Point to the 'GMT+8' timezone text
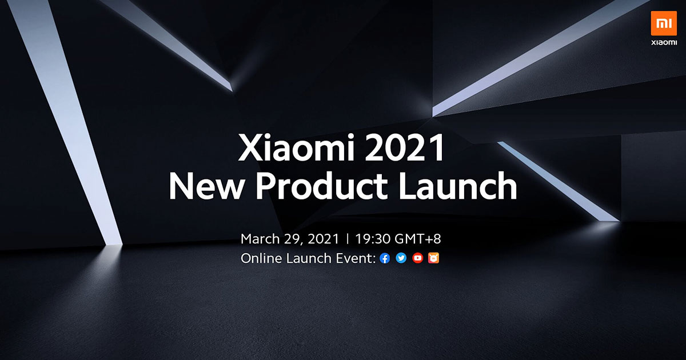[422, 238]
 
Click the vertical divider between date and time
[348, 238]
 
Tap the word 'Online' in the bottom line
[260, 258]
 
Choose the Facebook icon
[385, 259]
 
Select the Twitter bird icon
[401, 259]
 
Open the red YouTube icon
[418, 259]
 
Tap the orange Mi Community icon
[434, 259]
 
